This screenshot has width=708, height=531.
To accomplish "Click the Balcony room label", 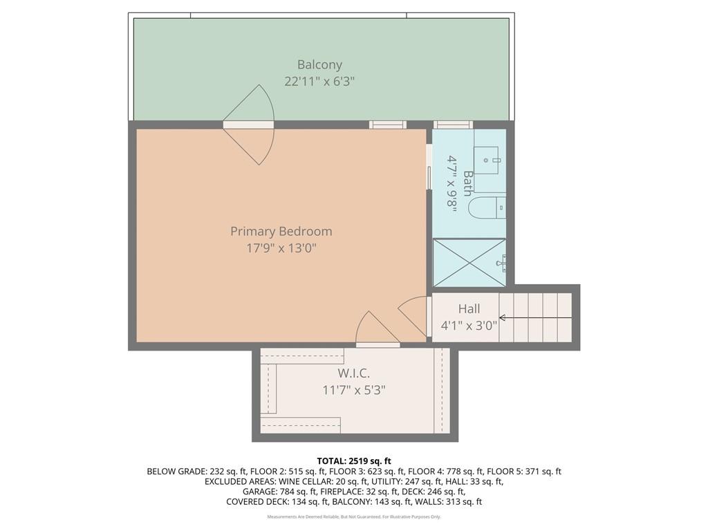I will [319, 64].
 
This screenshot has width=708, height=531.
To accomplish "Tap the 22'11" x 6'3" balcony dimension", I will [319, 81].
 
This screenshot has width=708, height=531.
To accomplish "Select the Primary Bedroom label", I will [281, 231].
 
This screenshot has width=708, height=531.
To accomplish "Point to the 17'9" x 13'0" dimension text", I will [281, 248].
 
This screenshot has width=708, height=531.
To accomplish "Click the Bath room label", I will [468, 184].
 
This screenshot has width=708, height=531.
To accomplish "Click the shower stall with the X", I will [469, 263].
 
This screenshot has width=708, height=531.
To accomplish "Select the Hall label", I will [469, 309].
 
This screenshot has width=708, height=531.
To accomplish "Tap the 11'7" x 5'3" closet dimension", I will [353, 390].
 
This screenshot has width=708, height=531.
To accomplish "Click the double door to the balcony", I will [249, 124].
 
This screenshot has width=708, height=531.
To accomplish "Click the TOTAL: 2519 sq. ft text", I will [354, 460].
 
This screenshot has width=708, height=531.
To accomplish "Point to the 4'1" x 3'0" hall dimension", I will [469, 326].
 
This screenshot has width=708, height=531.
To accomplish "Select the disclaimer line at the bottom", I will [354, 516].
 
